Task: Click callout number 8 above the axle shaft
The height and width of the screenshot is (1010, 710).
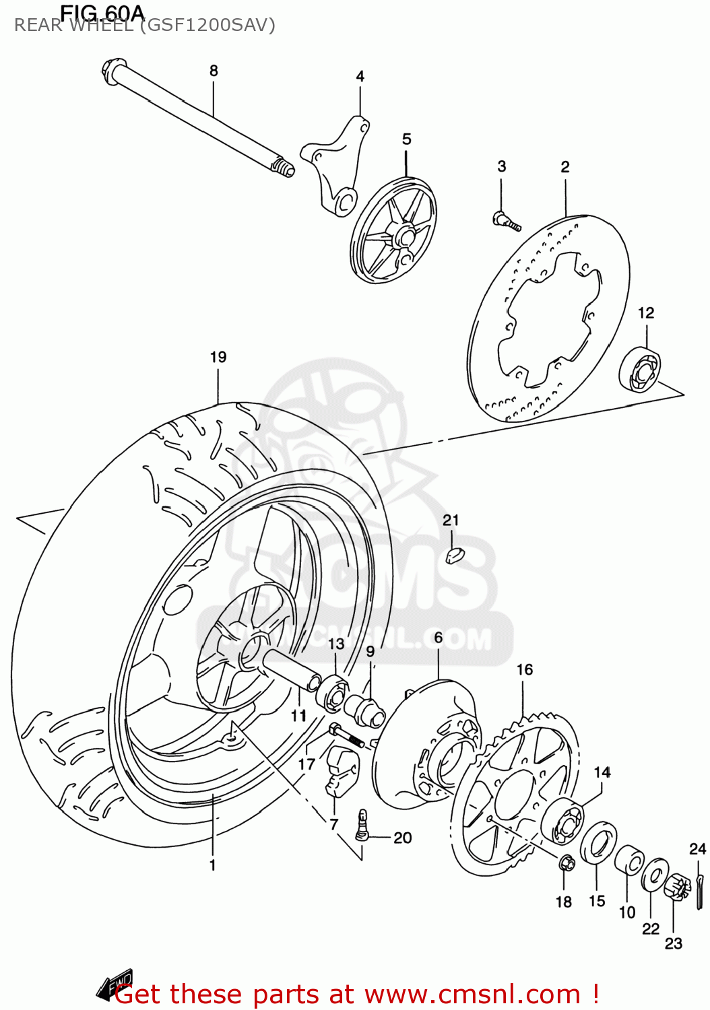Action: [x=214, y=71]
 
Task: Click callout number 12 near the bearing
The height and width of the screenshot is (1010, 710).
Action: [x=645, y=313]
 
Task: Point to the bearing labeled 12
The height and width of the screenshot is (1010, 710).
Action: [x=639, y=370]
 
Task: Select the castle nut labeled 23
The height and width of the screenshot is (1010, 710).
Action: [x=676, y=887]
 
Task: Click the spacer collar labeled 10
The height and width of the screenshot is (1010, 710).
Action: [x=629, y=860]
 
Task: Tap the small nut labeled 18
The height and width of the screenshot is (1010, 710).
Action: [x=567, y=863]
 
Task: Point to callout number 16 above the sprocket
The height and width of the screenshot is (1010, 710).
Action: [x=524, y=670]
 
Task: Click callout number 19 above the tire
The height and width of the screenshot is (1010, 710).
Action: [x=218, y=358]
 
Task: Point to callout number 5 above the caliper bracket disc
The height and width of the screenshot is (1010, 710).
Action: [x=406, y=139]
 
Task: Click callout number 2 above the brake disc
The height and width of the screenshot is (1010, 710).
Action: [x=564, y=167]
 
